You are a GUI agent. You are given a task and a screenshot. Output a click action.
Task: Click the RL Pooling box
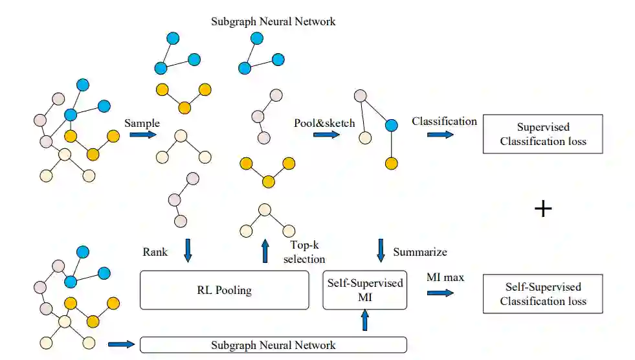point(225,290)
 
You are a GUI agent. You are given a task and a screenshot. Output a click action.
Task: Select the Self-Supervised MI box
point(365,290)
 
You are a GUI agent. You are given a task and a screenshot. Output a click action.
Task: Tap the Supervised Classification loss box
point(542,134)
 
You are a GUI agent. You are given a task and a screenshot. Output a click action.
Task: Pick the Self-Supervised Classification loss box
point(542,293)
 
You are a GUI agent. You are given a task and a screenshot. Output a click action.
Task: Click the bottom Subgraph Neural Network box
point(273,344)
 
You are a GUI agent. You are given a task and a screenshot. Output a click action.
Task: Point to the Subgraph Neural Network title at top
point(273,21)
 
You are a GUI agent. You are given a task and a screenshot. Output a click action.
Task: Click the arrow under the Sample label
point(143,135)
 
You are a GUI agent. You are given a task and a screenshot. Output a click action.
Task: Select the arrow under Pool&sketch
point(326,135)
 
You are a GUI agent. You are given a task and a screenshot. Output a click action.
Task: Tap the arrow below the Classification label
point(441,135)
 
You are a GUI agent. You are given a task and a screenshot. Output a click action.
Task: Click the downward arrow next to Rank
point(188,251)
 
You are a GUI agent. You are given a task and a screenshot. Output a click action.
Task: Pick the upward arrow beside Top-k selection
point(265,251)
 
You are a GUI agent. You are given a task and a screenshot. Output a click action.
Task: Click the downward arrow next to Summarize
point(381,251)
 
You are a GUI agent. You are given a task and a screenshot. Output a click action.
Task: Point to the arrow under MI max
point(441,293)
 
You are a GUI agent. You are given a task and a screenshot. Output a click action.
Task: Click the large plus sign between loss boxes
point(543,209)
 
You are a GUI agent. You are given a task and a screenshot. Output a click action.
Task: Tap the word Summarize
point(420,252)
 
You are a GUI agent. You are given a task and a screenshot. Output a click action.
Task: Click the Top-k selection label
point(304,252)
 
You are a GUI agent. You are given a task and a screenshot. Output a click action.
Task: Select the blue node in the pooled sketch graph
point(391,126)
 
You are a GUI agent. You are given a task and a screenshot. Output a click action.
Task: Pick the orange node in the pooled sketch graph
point(391,164)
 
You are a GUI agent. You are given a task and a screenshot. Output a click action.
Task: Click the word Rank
point(155,252)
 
